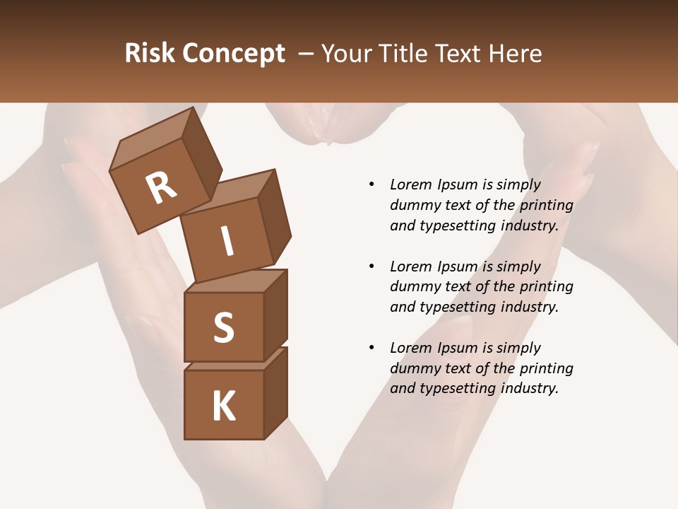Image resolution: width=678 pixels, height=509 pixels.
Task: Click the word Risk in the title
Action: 150,54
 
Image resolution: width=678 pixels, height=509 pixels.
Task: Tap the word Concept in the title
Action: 234,54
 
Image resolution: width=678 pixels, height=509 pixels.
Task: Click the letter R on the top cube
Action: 161,188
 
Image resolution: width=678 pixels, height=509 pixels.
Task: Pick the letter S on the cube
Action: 223,327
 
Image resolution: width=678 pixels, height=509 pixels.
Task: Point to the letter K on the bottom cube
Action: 223,406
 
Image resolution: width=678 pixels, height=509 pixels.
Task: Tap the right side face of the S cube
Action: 275,315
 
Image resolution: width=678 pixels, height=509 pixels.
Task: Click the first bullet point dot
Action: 371,185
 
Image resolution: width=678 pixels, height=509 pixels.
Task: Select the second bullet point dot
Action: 371,267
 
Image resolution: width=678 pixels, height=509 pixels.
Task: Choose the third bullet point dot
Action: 371,348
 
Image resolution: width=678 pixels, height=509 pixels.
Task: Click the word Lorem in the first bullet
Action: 411,185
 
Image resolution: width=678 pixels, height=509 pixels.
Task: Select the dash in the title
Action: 307,54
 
